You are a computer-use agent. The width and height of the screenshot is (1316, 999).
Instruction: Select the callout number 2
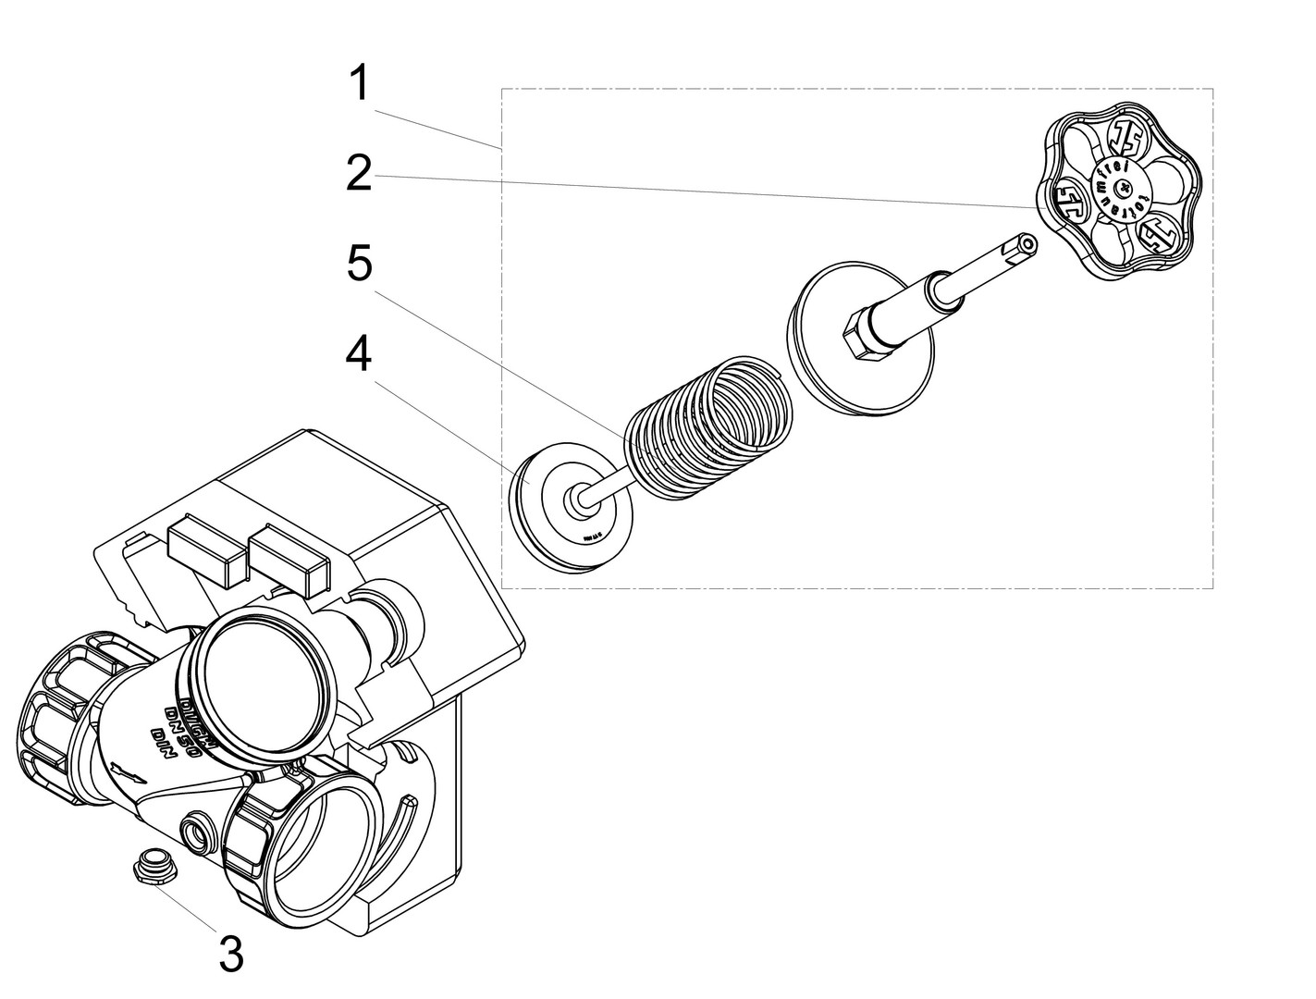click(x=359, y=174)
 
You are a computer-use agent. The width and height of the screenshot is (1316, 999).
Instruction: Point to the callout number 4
click(x=359, y=353)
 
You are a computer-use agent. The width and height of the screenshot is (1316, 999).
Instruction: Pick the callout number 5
click(x=359, y=264)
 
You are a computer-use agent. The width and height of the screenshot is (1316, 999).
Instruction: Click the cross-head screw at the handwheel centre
click(x=1123, y=190)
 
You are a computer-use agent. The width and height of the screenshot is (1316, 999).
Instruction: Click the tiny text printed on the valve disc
click(x=592, y=535)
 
